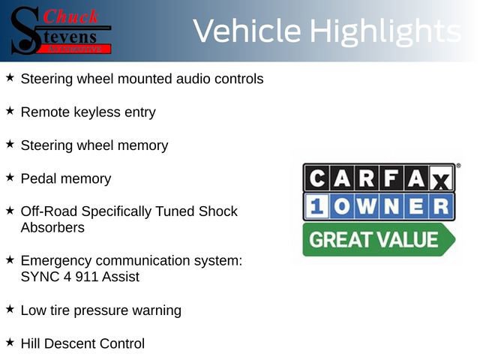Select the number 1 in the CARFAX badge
click(317, 207)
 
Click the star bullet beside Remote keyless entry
click(10, 111)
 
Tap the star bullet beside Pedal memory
click(10, 177)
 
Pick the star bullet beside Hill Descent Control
click(10, 342)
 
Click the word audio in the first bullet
click(178, 79)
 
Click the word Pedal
click(38, 178)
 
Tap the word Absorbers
click(52, 227)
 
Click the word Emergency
click(56, 261)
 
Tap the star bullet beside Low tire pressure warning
click(10, 309)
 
